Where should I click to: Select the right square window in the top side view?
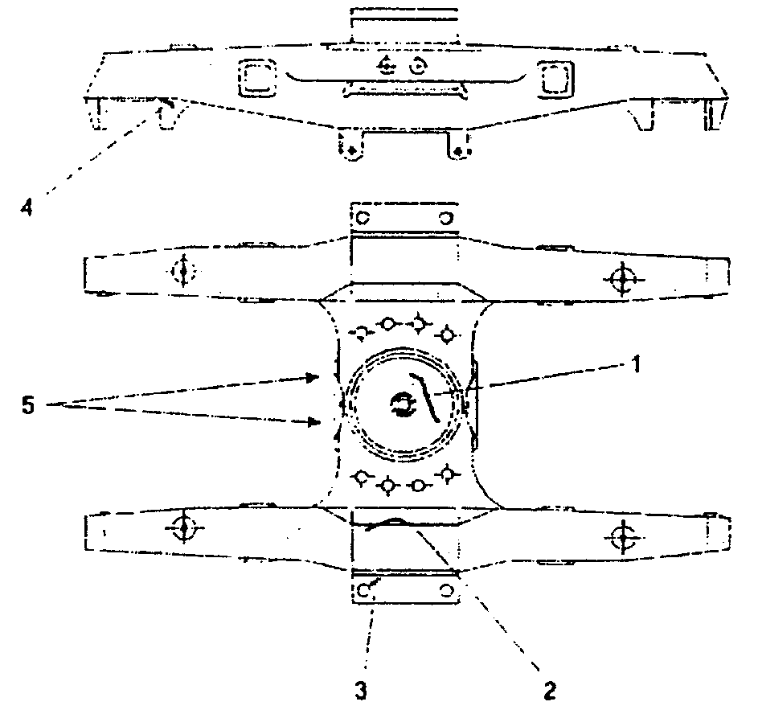tap(554, 78)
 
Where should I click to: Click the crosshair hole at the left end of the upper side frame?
tap(183, 272)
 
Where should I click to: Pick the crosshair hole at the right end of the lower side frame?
tap(621, 534)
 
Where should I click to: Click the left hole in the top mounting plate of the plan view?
tap(362, 218)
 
